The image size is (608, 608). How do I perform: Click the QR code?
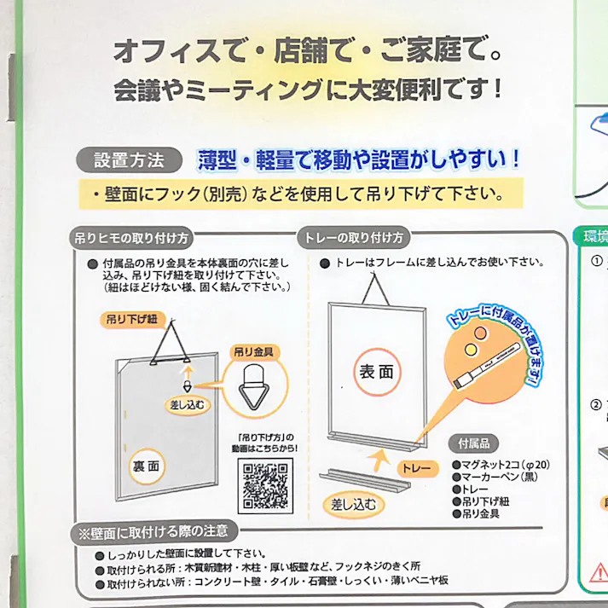click(266, 485)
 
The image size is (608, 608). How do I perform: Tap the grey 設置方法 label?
click(127, 159)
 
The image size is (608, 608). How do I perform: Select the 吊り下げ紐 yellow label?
click(134, 319)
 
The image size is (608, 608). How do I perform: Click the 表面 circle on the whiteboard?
click(377, 372)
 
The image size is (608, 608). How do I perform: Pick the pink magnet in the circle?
click(479, 331)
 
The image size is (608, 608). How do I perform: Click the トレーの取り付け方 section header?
click(352, 238)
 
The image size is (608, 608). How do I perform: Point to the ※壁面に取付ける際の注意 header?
click(154, 532)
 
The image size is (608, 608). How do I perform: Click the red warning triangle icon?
click(596, 569)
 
